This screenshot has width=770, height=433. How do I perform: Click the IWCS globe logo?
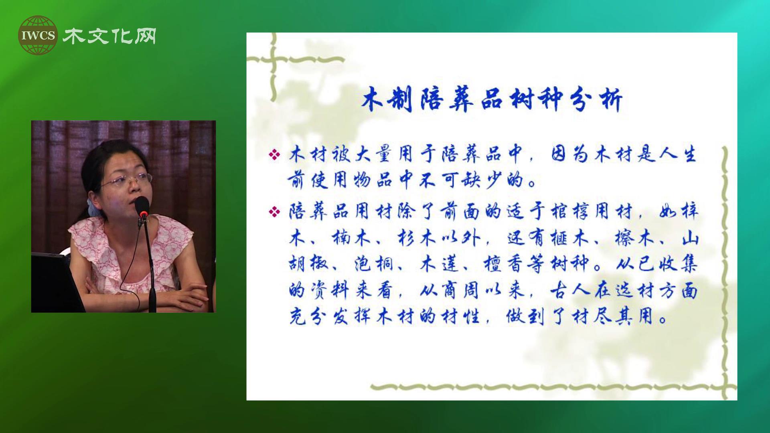38,35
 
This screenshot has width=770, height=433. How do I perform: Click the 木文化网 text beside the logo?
109,36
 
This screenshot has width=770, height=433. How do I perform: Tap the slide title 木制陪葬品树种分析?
492,99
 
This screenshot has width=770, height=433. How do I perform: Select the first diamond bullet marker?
275,155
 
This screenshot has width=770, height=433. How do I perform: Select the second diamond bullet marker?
275,211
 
